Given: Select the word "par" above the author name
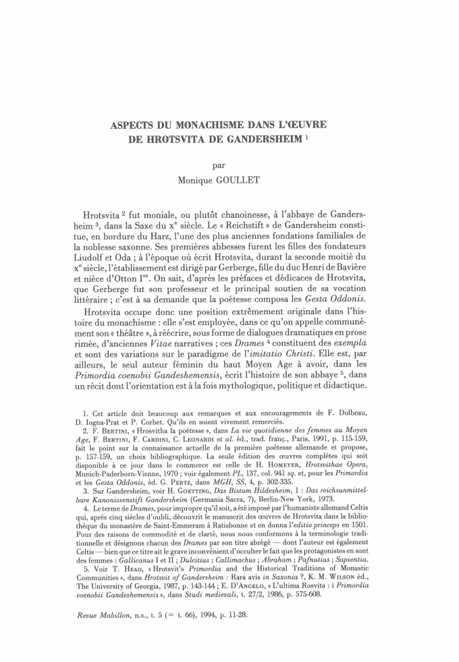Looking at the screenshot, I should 229,164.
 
